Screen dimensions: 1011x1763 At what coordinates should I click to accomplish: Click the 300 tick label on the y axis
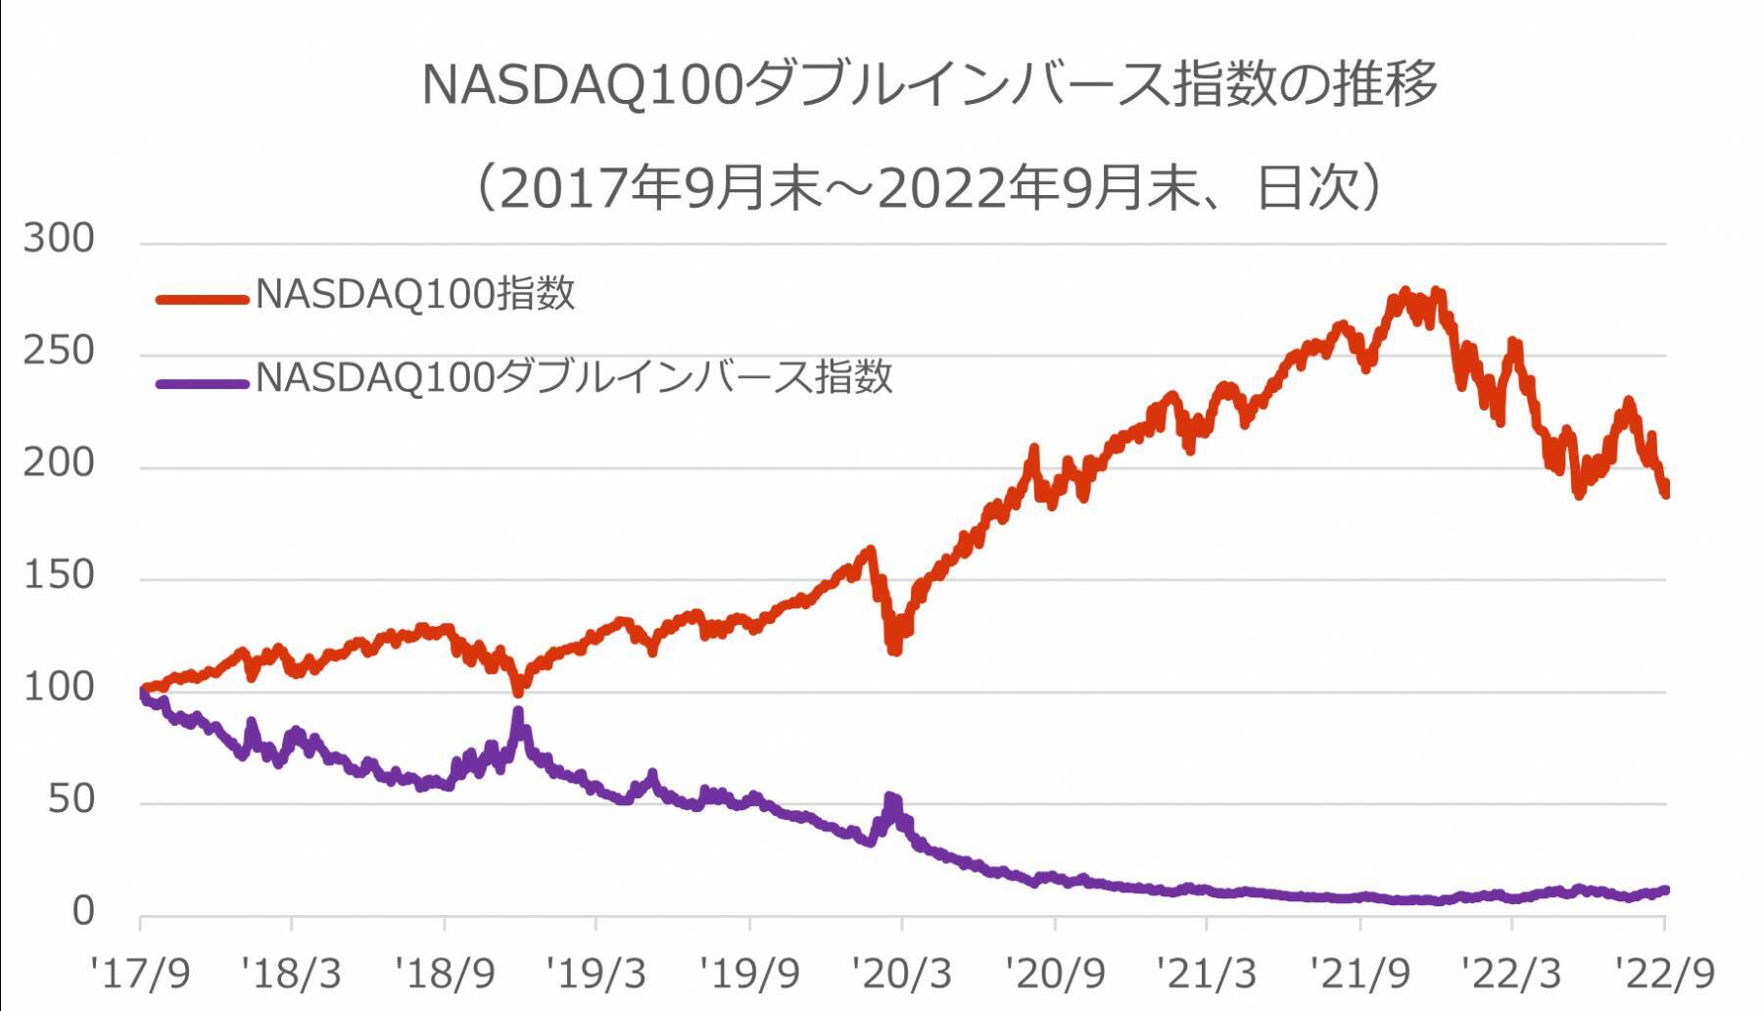[59, 239]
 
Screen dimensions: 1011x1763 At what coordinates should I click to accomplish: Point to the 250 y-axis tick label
[59, 351]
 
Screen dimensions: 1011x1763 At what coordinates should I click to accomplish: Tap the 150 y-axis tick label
[59, 575]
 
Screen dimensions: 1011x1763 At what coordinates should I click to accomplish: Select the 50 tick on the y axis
[71, 799]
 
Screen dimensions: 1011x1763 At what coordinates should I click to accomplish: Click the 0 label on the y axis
[83, 911]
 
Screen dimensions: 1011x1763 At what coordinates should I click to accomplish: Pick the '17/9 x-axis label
[139, 974]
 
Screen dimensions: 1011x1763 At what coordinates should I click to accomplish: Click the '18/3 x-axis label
[291, 974]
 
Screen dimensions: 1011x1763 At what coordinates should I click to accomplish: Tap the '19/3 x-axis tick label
[596, 974]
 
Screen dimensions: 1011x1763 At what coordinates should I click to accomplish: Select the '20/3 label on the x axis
[901, 974]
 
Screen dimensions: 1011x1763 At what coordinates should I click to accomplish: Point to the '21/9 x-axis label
[1359, 974]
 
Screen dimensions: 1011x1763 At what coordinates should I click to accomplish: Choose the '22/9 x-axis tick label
[1665, 974]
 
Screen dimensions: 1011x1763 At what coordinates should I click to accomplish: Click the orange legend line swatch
[202, 299]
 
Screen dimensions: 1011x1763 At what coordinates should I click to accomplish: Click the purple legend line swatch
[202, 383]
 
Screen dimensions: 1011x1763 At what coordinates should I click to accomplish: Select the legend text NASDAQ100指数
[414, 294]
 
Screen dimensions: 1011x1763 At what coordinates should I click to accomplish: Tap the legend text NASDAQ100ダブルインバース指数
[574, 377]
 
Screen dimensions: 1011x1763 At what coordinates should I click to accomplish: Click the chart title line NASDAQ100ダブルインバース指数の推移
[929, 84]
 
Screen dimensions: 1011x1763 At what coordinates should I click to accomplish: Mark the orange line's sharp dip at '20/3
[894, 648]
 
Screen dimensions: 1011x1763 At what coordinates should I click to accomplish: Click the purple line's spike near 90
[518, 714]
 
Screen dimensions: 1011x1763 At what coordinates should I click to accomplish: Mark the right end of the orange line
[1664, 490]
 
